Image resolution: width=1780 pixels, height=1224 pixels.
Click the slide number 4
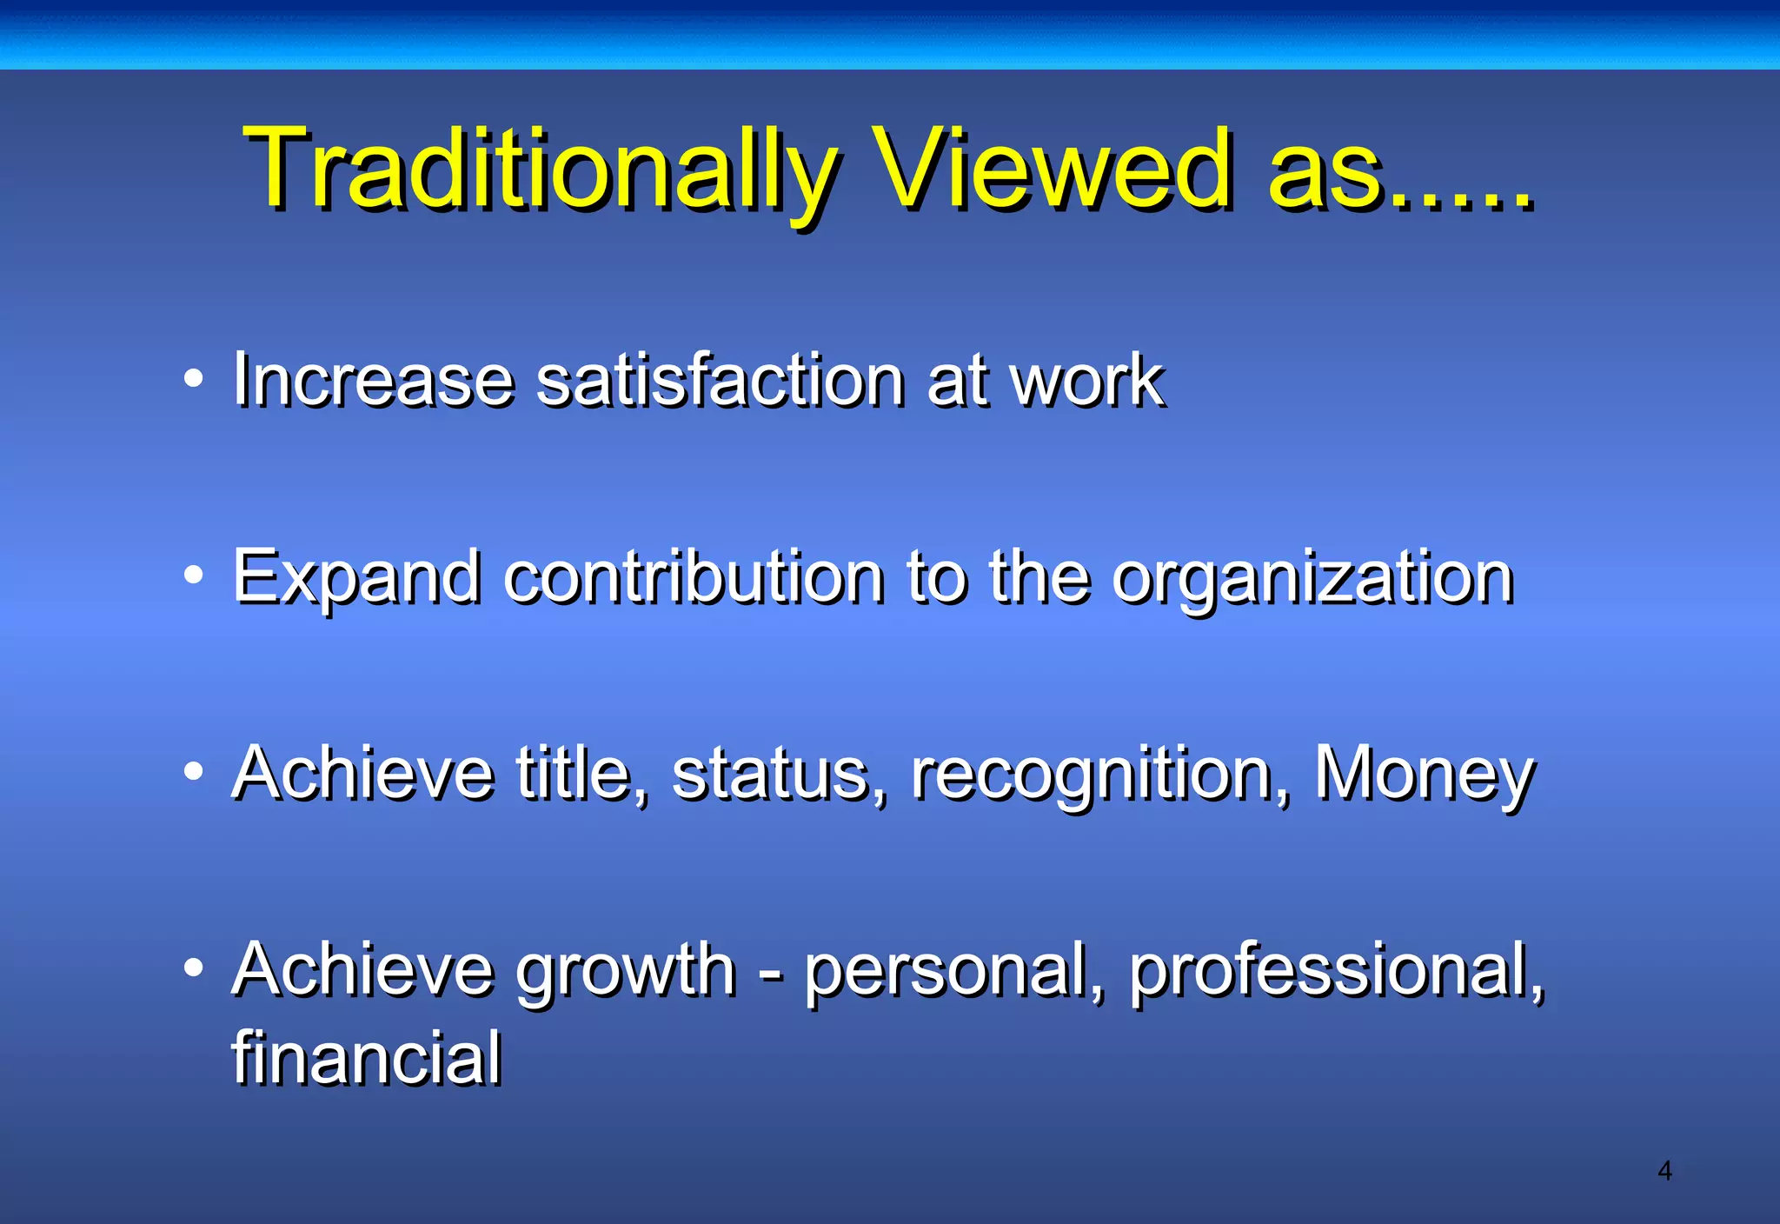coord(1664,1171)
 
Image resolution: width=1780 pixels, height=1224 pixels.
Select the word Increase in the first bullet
coord(373,380)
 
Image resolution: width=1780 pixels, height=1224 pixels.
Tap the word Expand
coord(356,578)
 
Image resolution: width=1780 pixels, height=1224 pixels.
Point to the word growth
coord(626,972)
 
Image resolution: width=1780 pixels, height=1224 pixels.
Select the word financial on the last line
coord(366,1058)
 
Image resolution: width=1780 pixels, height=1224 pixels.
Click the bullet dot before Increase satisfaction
coord(194,378)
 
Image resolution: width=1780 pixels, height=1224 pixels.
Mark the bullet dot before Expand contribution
coord(194,575)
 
